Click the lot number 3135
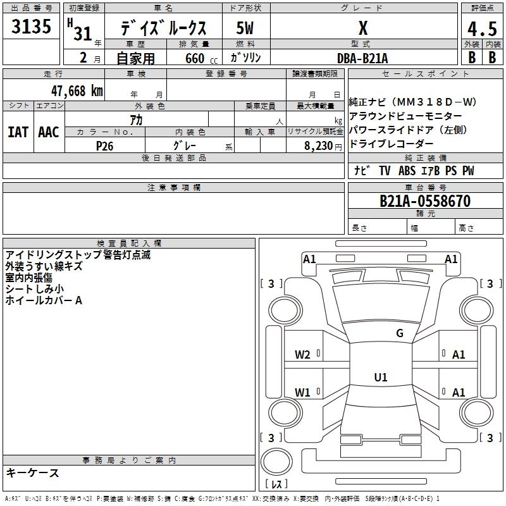pyautogui.click(x=31, y=28)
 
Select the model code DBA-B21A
pyautogui.click(x=363, y=58)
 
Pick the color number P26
pyautogui.click(x=105, y=145)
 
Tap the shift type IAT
pyautogui.click(x=18, y=132)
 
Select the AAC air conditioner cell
pyautogui.click(x=48, y=132)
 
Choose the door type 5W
pyautogui.click(x=245, y=29)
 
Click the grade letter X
pyautogui.click(x=363, y=28)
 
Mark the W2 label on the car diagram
pyautogui.click(x=303, y=355)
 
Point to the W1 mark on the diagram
pyautogui.click(x=303, y=393)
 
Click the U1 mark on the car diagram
pyautogui.click(x=380, y=378)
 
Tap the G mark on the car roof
pyautogui.click(x=399, y=333)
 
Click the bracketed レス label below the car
pyautogui.click(x=276, y=484)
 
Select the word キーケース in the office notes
pyautogui.click(x=33, y=472)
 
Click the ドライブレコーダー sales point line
pyautogui.click(x=392, y=144)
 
